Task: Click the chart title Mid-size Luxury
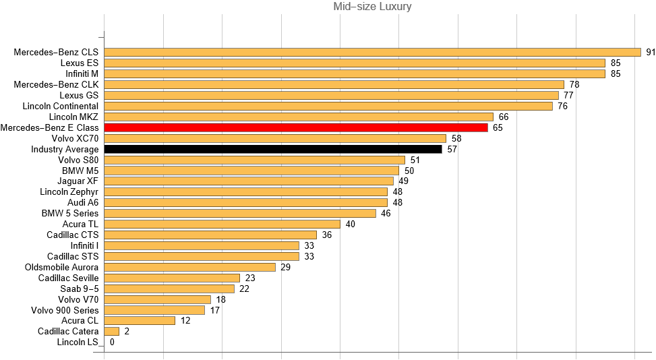click(372, 7)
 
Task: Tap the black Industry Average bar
click(272, 149)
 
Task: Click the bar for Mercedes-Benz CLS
click(372, 52)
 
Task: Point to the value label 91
click(651, 52)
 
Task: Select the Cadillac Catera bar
click(112, 332)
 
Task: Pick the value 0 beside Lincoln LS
click(112, 342)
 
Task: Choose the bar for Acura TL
click(222, 224)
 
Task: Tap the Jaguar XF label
click(78, 181)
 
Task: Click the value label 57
click(452, 149)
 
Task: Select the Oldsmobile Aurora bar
click(189, 267)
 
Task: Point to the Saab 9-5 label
click(79, 289)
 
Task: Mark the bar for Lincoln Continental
click(328, 106)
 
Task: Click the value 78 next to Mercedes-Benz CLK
click(574, 84)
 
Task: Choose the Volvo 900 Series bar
click(154, 310)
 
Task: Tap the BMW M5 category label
click(80, 171)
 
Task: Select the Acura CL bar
click(140, 321)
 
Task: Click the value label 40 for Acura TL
click(351, 224)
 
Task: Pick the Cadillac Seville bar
click(172, 278)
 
